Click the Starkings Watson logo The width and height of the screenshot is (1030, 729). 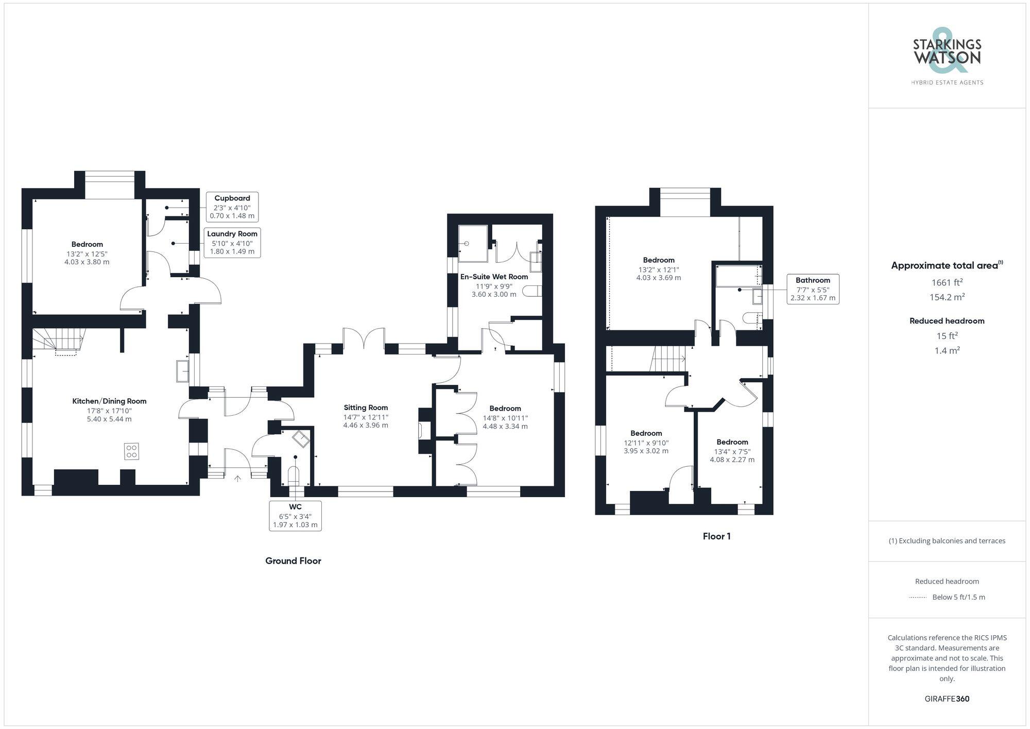[x=947, y=57]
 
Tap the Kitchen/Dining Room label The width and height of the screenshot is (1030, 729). [x=109, y=401]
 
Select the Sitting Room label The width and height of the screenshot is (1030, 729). [x=366, y=408]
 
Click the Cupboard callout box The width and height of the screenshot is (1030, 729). [x=232, y=207]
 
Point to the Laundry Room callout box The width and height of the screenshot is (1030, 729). [x=232, y=242]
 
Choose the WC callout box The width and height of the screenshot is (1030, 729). [x=295, y=516]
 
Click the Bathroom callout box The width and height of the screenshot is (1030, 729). [x=813, y=289]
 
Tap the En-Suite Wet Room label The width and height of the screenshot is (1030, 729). [x=494, y=277]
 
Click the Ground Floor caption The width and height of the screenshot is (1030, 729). [x=293, y=561]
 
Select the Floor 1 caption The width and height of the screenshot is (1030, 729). [x=716, y=536]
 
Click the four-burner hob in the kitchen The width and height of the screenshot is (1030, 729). [x=131, y=451]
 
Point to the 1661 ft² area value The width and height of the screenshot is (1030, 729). [x=947, y=282]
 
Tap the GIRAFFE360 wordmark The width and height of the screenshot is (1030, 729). [x=947, y=699]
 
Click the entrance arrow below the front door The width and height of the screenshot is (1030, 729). [x=237, y=479]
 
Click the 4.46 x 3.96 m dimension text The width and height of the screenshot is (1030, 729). [x=366, y=426]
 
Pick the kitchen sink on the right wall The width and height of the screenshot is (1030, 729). [x=182, y=371]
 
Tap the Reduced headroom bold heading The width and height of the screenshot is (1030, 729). [x=947, y=321]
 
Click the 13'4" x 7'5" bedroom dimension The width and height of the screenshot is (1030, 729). [x=732, y=451]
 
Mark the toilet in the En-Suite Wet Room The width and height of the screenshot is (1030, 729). [x=532, y=292]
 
